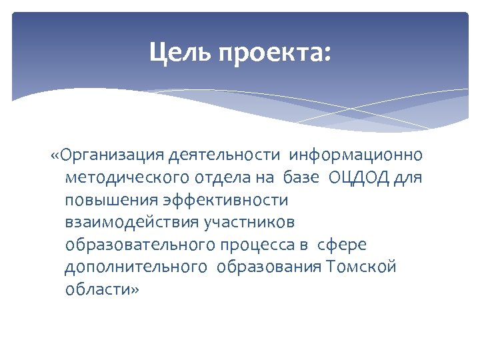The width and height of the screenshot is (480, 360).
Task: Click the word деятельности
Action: click(225, 156)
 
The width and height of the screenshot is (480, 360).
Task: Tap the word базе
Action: click(302, 179)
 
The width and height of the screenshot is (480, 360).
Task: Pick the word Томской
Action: click(362, 268)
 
